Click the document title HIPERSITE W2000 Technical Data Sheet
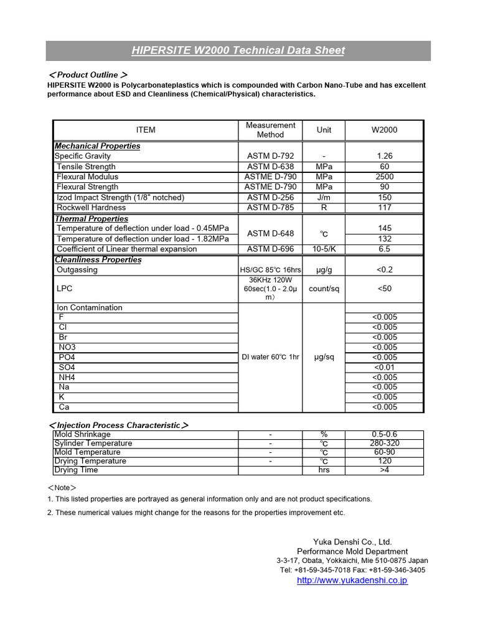point(238,50)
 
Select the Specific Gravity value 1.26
point(384,156)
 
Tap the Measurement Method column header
point(270,130)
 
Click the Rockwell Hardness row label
point(91,208)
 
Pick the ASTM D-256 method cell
point(270,197)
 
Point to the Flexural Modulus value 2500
point(384,177)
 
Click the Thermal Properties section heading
point(91,219)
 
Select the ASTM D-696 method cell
point(270,249)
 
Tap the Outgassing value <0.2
point(384,270)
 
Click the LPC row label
point(65,289)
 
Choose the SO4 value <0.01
point(384,367)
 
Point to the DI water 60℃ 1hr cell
point(270,357)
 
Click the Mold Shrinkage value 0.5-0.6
point(384,434)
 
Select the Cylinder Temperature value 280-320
point(384,444)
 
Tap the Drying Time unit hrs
point(324,470)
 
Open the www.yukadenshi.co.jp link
point(352,580)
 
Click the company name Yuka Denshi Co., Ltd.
point(352,542)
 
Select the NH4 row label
point(67,377)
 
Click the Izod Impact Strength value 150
point(384,197)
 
